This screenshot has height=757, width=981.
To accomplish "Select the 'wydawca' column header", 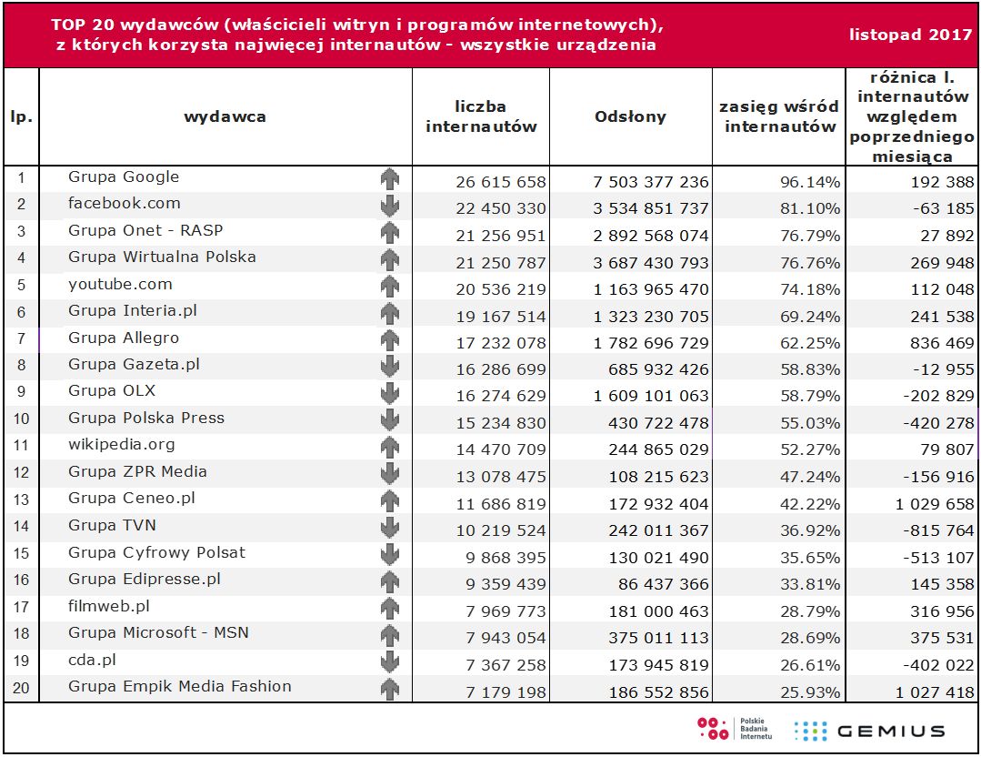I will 225,116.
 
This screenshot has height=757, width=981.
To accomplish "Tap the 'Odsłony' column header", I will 630,116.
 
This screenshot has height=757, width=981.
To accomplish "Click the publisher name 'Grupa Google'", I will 124,177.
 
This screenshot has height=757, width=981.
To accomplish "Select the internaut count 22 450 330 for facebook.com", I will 501,209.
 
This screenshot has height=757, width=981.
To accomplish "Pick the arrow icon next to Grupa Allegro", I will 390,340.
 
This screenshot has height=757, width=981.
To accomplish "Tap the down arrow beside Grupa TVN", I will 390,528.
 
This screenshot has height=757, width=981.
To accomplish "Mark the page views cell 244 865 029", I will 651,450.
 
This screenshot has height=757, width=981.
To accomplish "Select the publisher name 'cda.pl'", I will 92,660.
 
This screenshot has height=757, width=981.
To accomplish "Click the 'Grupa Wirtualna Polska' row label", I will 162,257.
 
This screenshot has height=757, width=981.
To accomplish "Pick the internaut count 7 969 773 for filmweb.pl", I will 501,611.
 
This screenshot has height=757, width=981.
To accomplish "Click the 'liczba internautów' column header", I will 481,117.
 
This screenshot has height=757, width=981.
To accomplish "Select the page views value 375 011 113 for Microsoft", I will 651,639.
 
